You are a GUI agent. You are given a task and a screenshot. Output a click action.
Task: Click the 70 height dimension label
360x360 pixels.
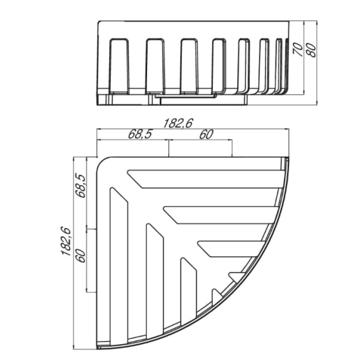(x=299, y=49)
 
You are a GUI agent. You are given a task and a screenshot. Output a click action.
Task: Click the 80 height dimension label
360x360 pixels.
(x=311, y=50)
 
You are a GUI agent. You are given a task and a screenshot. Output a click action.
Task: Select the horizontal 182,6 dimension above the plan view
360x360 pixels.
(x=177, y=124)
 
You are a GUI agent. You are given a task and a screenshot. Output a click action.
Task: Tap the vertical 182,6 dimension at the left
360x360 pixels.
(x=66, y=241)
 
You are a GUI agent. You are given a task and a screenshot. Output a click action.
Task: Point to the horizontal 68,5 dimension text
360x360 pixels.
(x=140, y=134)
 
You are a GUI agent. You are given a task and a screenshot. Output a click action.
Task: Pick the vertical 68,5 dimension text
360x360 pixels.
(x=81, y=186)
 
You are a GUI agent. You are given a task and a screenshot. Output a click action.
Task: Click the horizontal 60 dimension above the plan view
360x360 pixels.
(x=206, y=134)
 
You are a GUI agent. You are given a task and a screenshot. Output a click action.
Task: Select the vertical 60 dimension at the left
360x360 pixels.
(x=81, y=256)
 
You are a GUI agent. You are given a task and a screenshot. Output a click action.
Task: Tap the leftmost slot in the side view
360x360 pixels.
(x=119, y=67)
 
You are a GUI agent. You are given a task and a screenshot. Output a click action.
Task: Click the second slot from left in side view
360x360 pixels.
(x=155, y=67)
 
